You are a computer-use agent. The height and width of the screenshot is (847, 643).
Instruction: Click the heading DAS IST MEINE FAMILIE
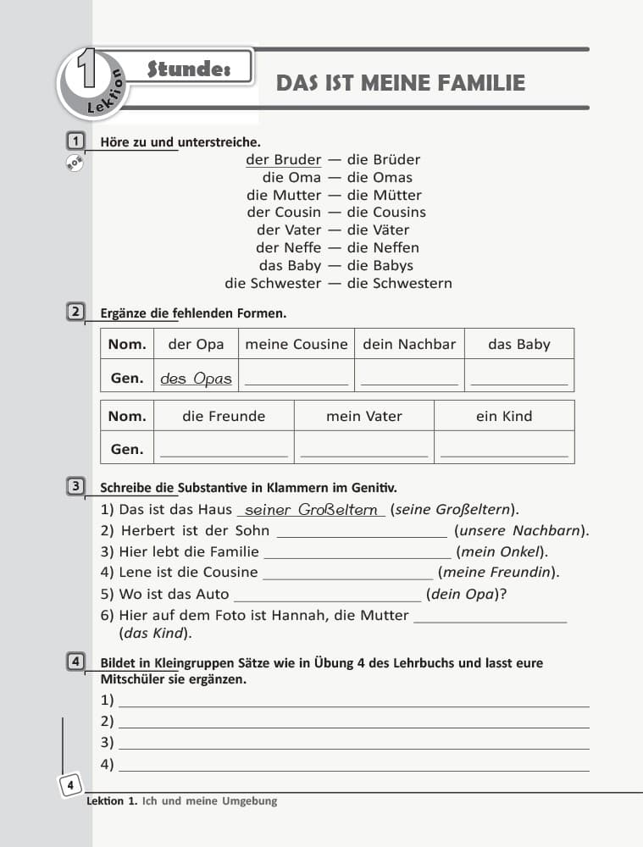coord(401,83)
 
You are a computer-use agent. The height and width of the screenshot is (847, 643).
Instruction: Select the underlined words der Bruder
coord(283,159)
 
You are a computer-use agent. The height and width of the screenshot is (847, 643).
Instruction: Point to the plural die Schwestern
coord(399,283)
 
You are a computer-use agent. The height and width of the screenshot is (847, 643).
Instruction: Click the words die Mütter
coord(384,195)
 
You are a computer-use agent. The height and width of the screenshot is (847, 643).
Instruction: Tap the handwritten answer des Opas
coord(196,379)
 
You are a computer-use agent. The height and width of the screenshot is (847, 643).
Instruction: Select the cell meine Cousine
coord(296,344)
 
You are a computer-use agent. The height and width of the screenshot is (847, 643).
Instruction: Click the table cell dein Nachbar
coord(409,344)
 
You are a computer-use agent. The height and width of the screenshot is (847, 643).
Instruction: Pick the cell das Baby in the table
coord(518,344)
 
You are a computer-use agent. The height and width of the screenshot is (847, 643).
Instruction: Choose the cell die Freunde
coord(224,416)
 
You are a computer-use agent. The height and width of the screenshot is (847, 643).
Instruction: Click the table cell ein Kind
coord(504,416)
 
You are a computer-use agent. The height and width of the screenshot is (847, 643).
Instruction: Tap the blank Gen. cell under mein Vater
coord(364,449)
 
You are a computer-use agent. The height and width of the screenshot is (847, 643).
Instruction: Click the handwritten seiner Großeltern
coord(311,510)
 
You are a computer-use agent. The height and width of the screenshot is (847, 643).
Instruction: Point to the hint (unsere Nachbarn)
coord(521,531)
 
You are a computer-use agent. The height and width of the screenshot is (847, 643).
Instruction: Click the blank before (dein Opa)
coord(326,595)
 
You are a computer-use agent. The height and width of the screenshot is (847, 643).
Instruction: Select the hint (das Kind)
coord(155,633)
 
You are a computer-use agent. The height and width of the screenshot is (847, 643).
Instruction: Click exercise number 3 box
coord(75,486)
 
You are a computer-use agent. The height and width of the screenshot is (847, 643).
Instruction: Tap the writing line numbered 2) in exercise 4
coord(353,722)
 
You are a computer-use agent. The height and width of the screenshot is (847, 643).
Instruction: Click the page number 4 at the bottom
coord(70,787)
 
